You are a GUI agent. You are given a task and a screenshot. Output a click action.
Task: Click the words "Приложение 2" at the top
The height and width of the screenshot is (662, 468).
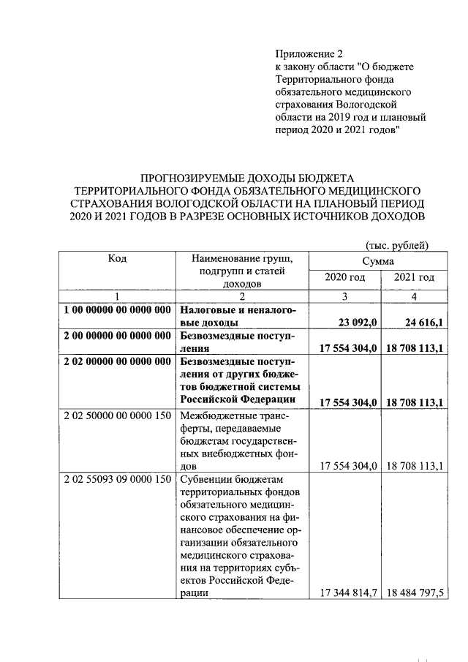(309, 54)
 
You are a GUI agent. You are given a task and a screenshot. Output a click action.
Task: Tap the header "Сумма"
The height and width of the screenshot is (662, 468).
(378, 261)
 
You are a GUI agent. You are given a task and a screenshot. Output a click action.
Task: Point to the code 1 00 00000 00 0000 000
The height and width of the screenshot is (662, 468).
(117, 311)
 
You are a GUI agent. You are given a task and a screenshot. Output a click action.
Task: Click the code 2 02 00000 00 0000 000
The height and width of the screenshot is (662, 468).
(117, 362)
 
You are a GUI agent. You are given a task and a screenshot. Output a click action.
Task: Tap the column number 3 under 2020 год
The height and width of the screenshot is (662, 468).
(344, 296)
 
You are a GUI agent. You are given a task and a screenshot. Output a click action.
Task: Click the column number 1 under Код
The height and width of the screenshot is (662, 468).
(117, 296)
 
